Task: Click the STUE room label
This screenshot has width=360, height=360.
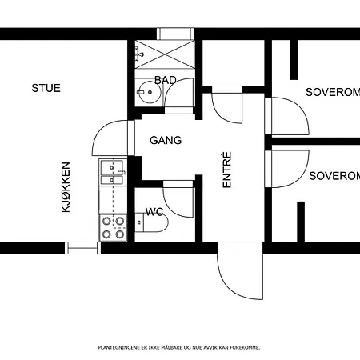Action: [x=46, y=88]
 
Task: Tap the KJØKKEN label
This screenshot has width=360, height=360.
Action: [x=66, y=187]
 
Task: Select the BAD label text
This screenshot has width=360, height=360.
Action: [x=166, y=80]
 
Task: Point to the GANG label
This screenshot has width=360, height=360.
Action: [x=166, y=140]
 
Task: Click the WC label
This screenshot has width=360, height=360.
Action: [x=154, y=212]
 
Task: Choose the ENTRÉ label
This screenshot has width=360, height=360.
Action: [x=226, y=170]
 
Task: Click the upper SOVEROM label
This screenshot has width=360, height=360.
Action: [x=333, y=92]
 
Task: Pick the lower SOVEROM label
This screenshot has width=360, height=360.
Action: [x=334, y=176]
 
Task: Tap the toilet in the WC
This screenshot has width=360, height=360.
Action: [x=151, y=222]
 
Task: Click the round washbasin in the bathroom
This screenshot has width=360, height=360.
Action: [x=150, y=92]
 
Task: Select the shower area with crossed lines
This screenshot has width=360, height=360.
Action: [x=165, y=54]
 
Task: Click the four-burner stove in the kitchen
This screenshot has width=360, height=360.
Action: [x=113, y=227]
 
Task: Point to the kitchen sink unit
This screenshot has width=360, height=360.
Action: [x=112, y=172]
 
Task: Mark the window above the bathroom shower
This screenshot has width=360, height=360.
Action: [x=175, y=34]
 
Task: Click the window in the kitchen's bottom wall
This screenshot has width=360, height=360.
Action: [x=83, y=248]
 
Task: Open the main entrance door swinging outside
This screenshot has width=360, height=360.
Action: [x=240, y=270]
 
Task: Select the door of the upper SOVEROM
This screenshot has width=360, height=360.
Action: [x=287, y=116]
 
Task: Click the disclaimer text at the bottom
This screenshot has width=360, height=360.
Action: [x=179, y=347]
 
